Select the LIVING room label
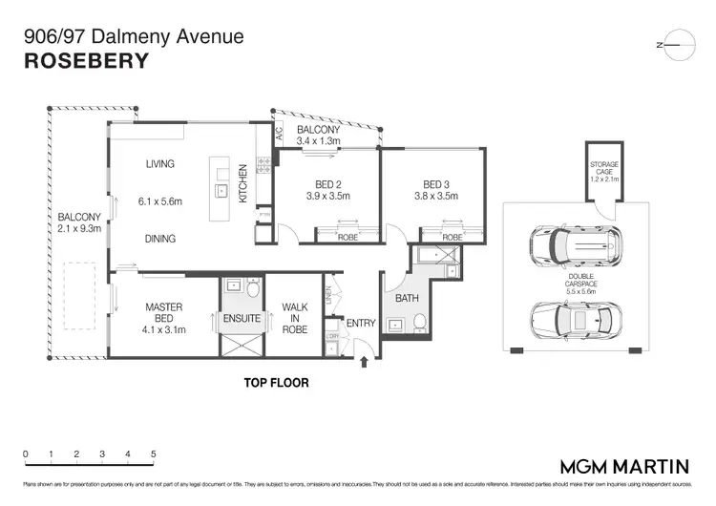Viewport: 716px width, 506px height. click(x=159, y=163)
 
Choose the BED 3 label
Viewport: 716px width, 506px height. click(x=437, y=183)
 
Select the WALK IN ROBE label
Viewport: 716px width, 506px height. click(x=295, y=318)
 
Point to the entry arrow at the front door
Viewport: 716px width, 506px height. click(x=364, y=363)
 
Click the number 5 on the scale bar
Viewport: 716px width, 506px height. click(x=153, y=454)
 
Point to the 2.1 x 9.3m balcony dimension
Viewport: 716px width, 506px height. click(x=77, y=230)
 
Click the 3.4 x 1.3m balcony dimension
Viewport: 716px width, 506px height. click(x=318, y=142)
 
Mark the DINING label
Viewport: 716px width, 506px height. click(x=159, y=240)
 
